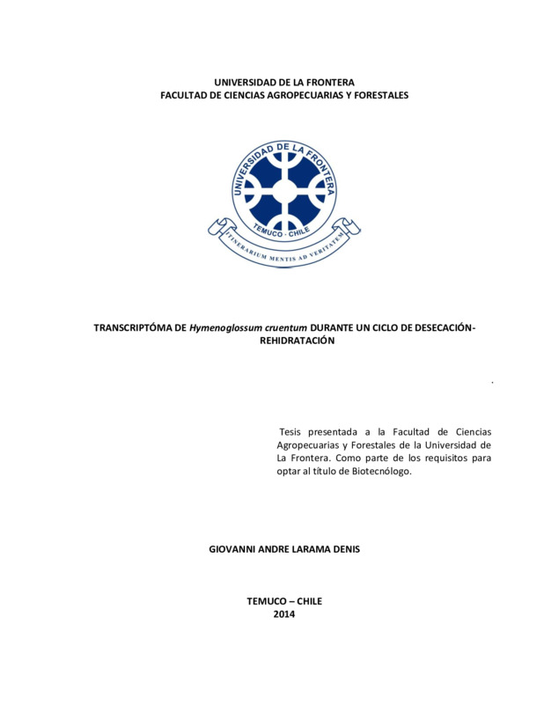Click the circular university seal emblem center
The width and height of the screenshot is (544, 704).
pyautogui.click(x=284, y=189)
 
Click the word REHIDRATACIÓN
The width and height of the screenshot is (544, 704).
pyautogui.click(x=298, y=341)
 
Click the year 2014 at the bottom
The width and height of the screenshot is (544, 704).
pyautogui.click(x=284, y=614)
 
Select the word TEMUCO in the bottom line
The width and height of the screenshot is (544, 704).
pyautogui.click(x=265, y=601)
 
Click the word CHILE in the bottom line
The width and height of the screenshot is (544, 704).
pyautogui.click(x=310, y=601)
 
